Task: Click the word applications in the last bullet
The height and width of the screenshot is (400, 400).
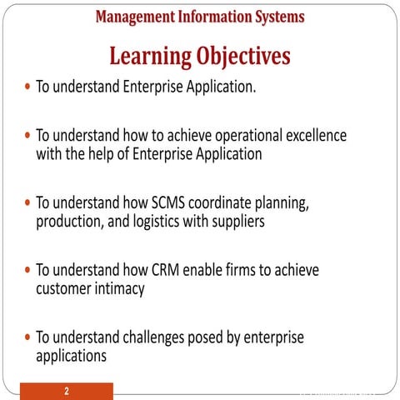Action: (x=71, y=356)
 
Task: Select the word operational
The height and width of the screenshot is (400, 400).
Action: (x=242, y=135)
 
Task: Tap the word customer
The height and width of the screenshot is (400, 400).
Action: (x=66, y=288)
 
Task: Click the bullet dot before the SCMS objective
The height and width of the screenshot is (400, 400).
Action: (x=29, y=203)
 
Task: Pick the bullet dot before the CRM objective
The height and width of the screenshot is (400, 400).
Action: (x=29, y=271)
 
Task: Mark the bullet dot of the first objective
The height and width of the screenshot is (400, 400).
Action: (x=29, y=87)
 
